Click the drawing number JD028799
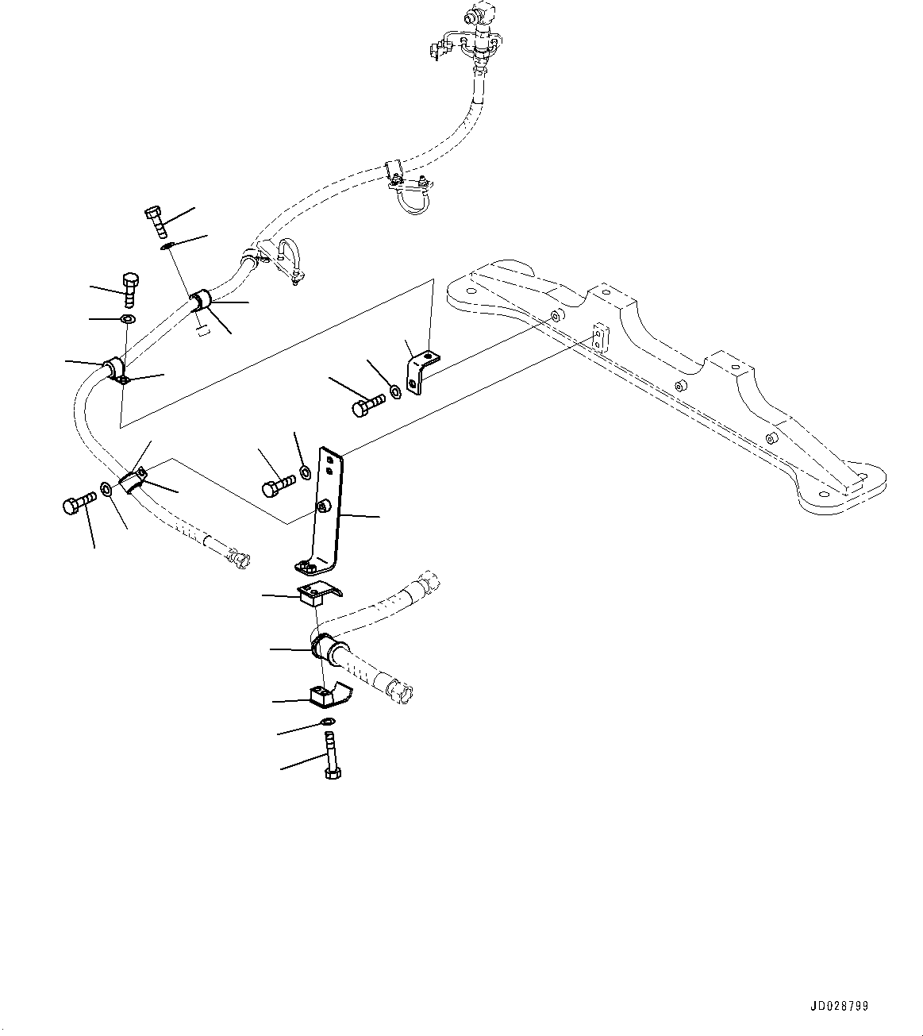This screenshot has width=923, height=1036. [839, 1006]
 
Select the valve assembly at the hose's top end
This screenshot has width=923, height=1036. [472, 36]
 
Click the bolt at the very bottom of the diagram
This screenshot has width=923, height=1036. [331, 758]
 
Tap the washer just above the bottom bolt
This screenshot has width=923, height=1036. [326, 721]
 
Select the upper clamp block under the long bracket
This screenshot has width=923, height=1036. [317, 591]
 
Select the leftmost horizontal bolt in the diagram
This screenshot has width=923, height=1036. [78, 503]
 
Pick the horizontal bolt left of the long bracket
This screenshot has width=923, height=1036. [277, 484]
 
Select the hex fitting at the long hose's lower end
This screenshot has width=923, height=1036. [238, 559]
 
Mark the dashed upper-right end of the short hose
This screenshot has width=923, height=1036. [425, 581]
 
